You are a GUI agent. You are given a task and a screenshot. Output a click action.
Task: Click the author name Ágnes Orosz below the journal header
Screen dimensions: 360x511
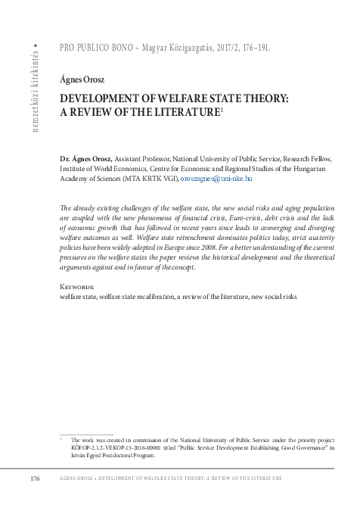point(82,79)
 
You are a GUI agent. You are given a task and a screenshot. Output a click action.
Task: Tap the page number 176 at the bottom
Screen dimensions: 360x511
point(35,479)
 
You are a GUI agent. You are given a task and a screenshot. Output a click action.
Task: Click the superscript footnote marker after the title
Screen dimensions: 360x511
point(221,109)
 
